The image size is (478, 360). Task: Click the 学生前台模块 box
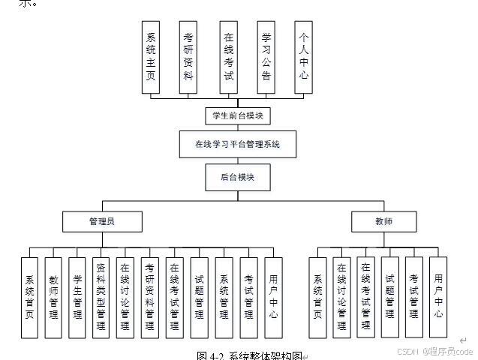pyautogui.click(x=238, y=115)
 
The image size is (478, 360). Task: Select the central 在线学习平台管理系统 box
pyautogui.click(x=237, y=144)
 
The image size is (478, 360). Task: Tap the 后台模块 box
pyautogui.click(x=237, y=177)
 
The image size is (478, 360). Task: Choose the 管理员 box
pyautogui.click(x=101, y=221)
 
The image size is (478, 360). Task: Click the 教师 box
pyautogui.click(x=383, y=221)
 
